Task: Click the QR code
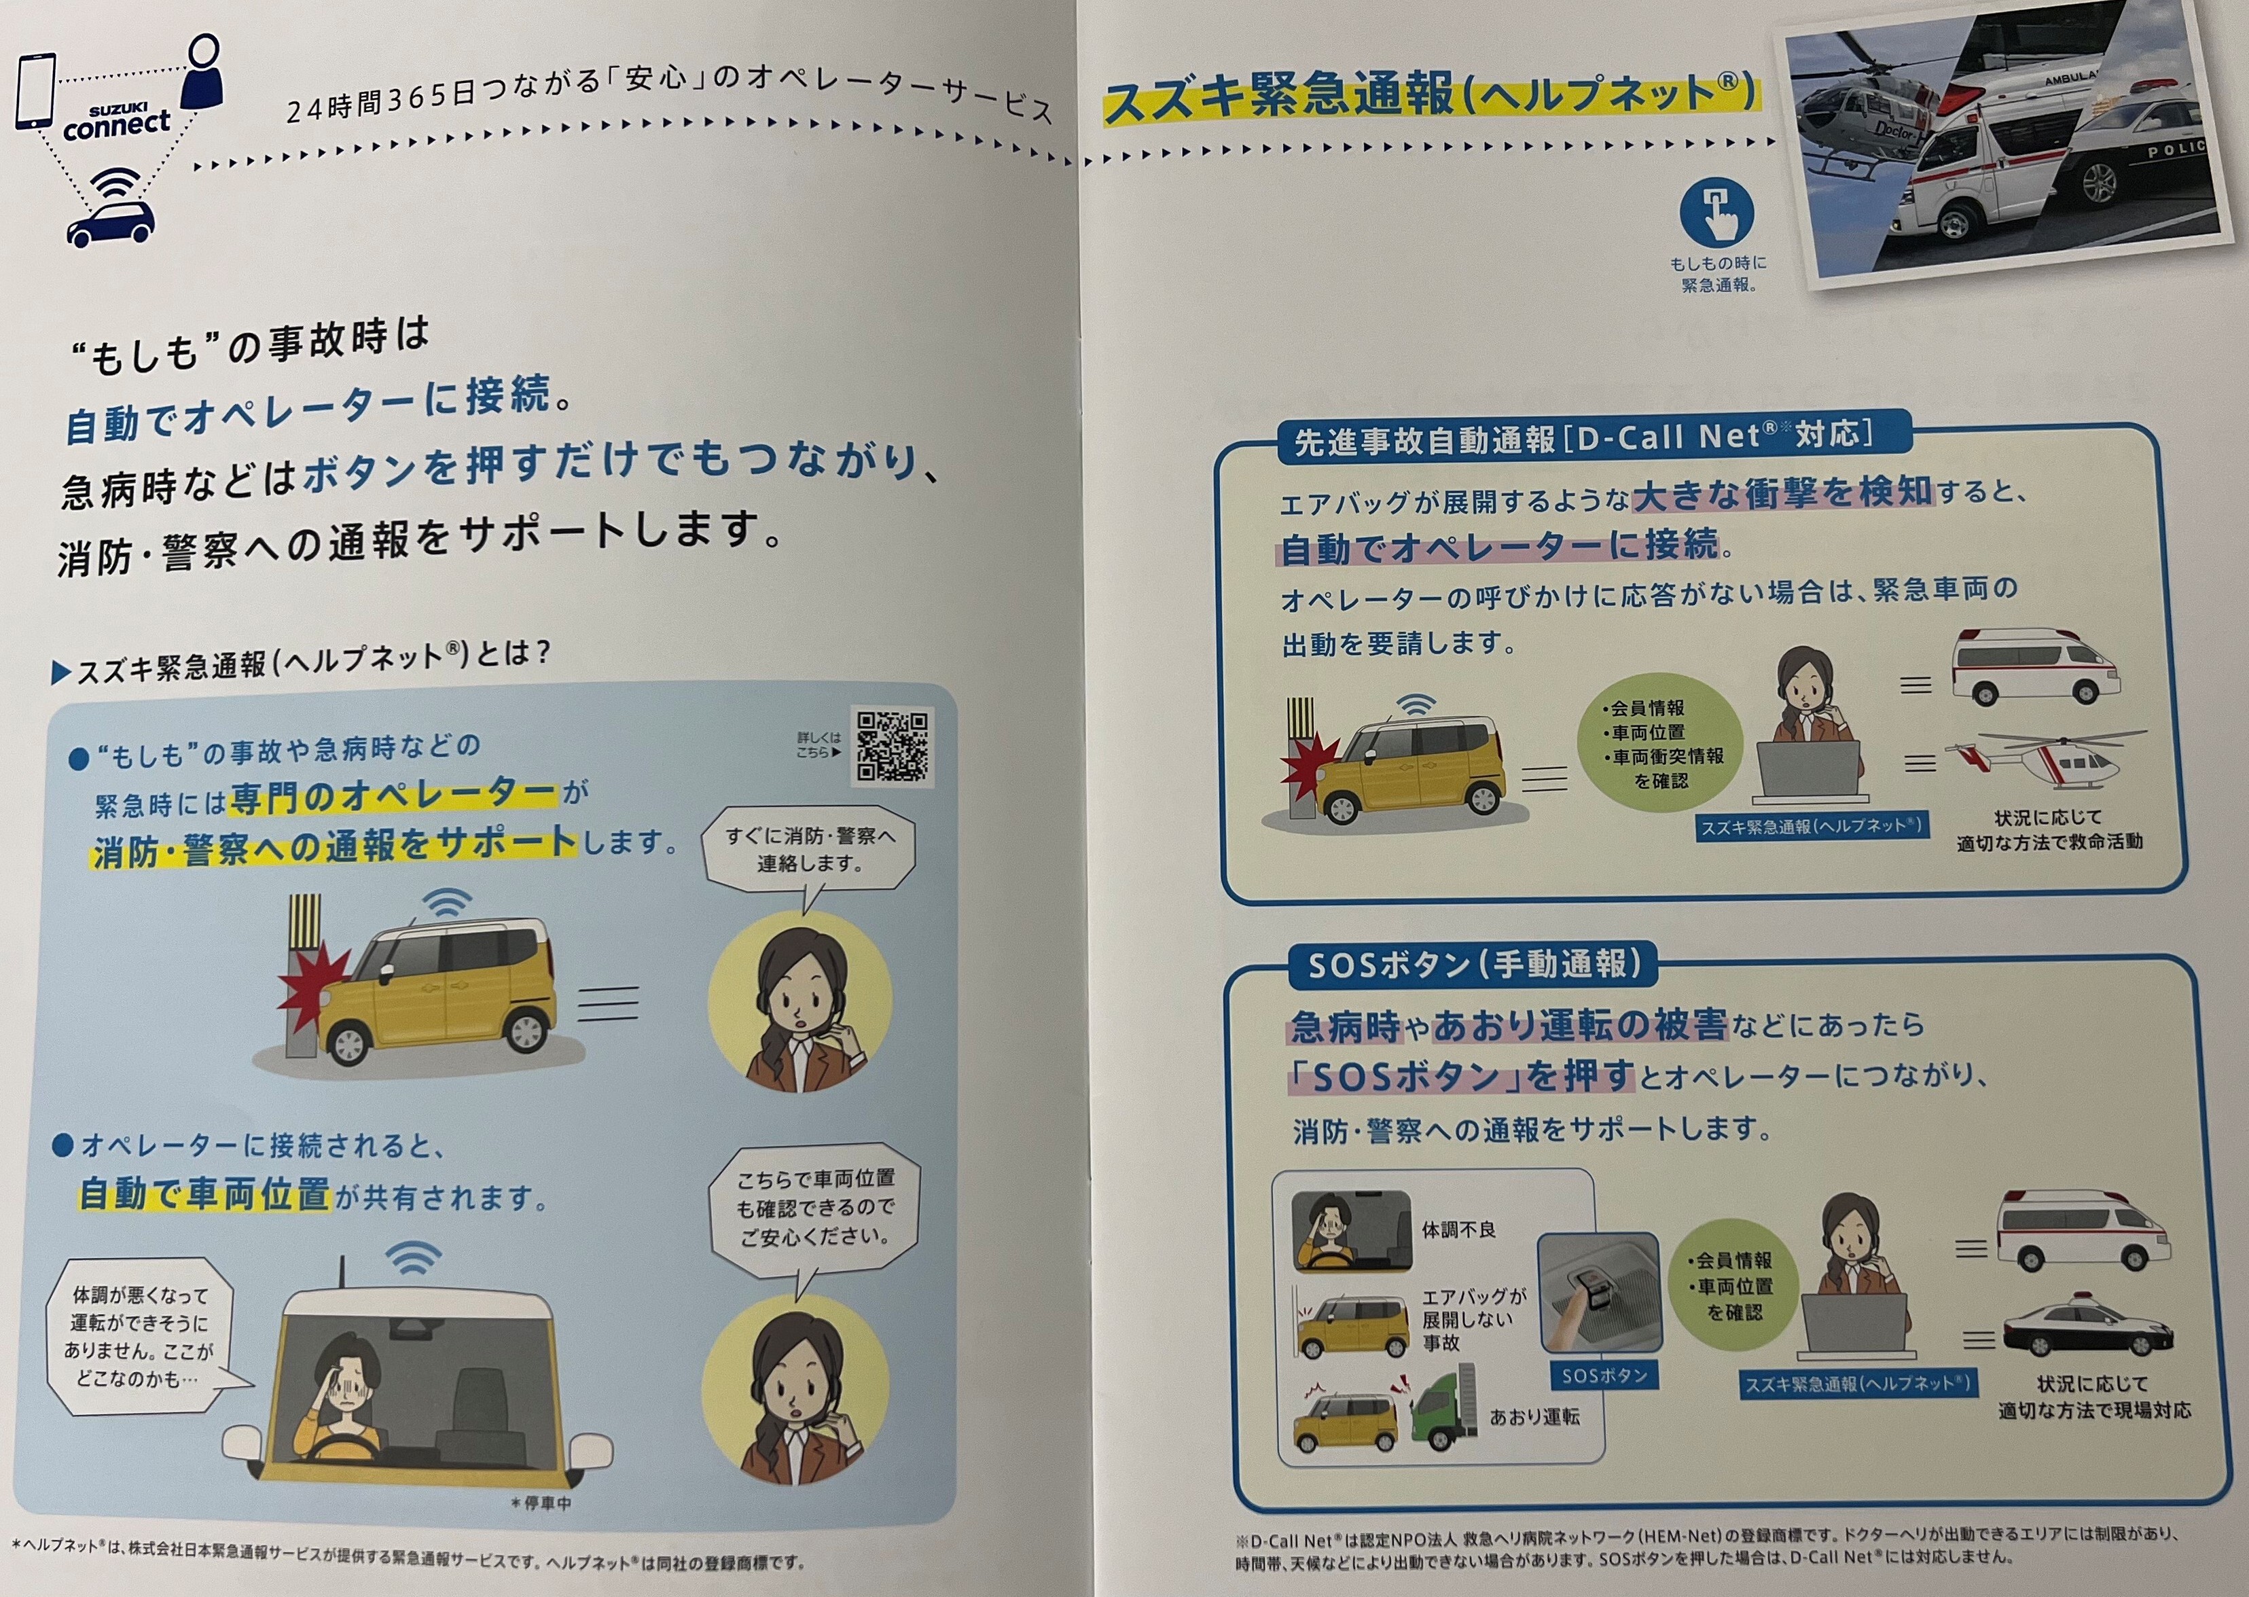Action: tap(891, 747)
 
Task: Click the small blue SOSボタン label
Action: tap(1604, 1376)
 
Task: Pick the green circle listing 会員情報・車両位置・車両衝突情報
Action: tap(1660, 743)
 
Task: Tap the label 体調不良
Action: tap(1458, 1230)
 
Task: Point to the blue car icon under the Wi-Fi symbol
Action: tap(110, 223)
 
